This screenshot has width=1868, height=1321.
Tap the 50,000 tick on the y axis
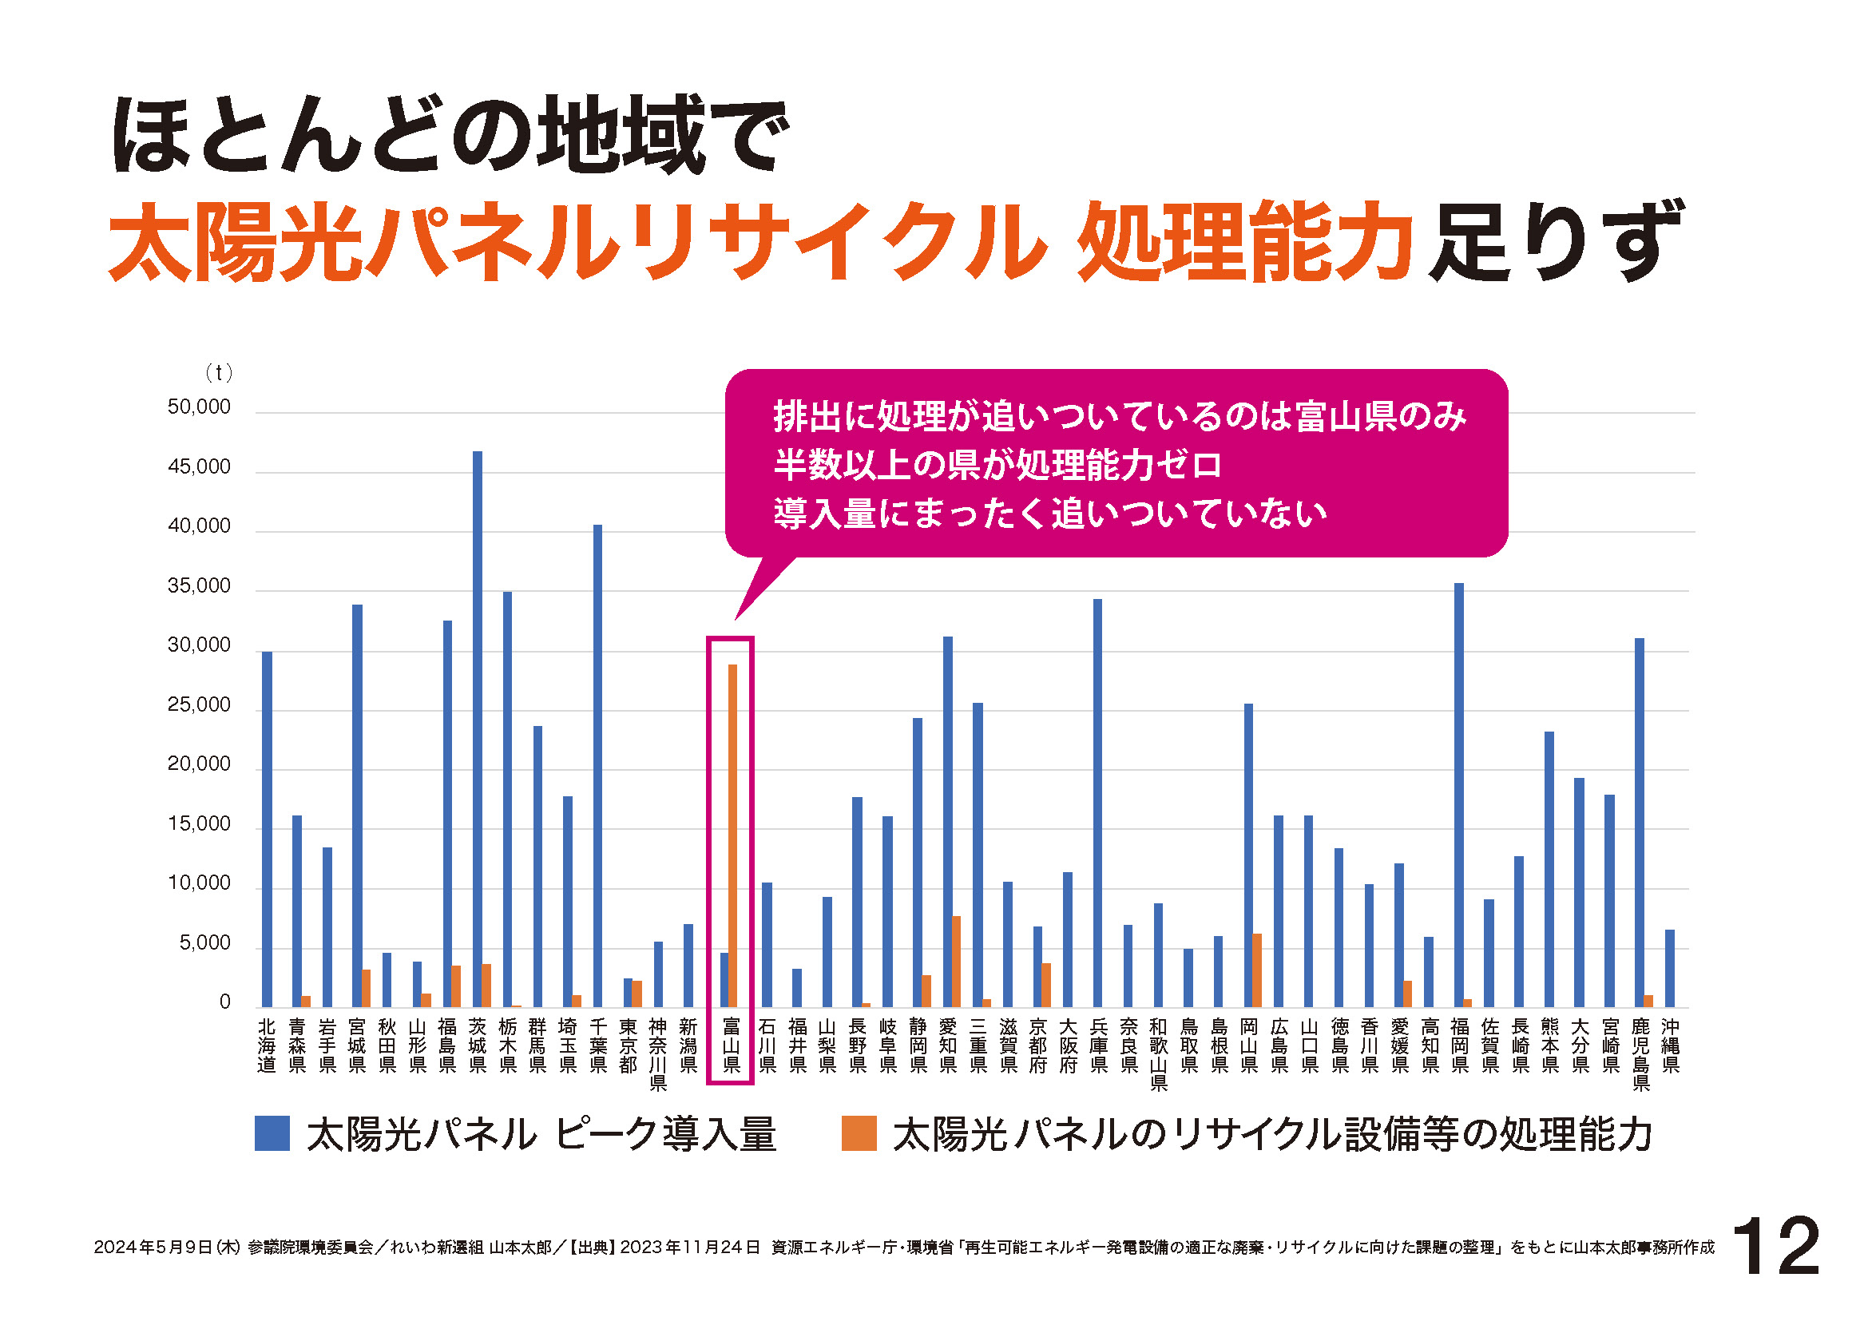pyautogui.click(x=199, y=407)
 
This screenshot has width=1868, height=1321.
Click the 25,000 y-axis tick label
pyautogui.click(x=199, y=704)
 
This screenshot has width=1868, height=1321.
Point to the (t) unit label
pyautogui.click(x=218, y=372)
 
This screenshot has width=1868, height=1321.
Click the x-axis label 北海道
pyautogui.click(x=267, y=1045)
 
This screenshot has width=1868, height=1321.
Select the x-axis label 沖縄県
pyautogui.click(x=1670, y=1045)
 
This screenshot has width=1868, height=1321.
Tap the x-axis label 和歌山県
pyautogui.click(x=1159, y=1054)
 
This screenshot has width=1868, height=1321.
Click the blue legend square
pyautogui.click(x=272, y=1133)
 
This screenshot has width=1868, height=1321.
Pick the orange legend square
pyautogui.click(x=859, y=1133)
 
